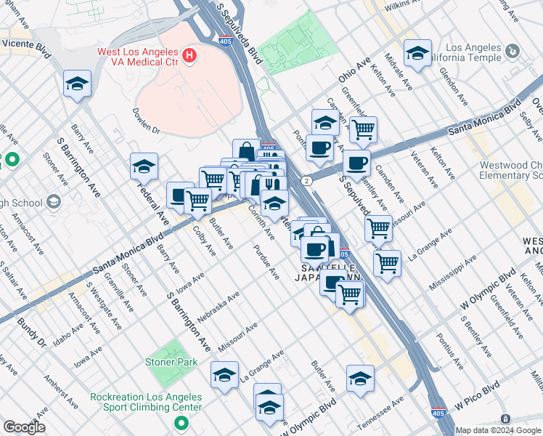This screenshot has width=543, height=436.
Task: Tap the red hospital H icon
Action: pos(189,55)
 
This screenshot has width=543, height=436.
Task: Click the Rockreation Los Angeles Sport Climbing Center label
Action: pos(146,402)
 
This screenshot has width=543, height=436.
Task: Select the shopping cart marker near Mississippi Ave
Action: pos(388,263)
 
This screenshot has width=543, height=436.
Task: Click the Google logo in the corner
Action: pos(24,427)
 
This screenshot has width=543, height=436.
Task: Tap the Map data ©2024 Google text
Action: pos(498,430)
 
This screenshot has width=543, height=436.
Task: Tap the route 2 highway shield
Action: pos(309,179)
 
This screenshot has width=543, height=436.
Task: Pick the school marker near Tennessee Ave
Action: pos(360,379)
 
